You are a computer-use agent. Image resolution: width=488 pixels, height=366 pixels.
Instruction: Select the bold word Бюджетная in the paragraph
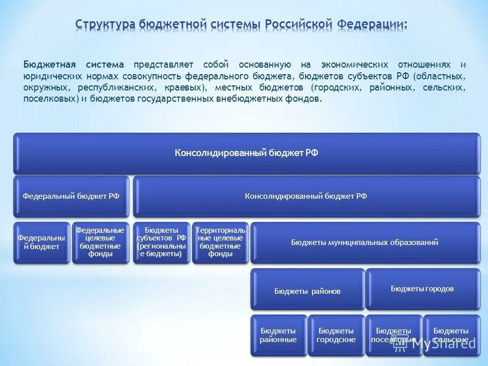coord(49,65)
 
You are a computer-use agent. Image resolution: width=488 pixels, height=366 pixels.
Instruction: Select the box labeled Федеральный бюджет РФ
coord(71,196)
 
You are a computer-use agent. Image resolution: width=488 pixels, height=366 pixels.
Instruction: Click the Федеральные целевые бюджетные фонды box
coord(100,242)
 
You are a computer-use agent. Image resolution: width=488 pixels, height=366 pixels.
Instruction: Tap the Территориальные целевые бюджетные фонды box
coord(220,242)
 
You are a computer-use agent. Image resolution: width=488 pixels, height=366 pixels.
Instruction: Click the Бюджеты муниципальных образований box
coord(364,242)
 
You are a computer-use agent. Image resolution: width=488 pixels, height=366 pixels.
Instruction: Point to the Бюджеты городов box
coord(422,289)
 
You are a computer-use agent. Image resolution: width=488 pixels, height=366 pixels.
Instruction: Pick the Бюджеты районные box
coord(278,335)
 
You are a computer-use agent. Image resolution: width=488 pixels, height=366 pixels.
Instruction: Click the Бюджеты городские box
coord(336,335)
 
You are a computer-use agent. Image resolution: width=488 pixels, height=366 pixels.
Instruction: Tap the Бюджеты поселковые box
coord(393,335)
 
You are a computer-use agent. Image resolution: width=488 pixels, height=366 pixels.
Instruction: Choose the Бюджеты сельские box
coord(451,335)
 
